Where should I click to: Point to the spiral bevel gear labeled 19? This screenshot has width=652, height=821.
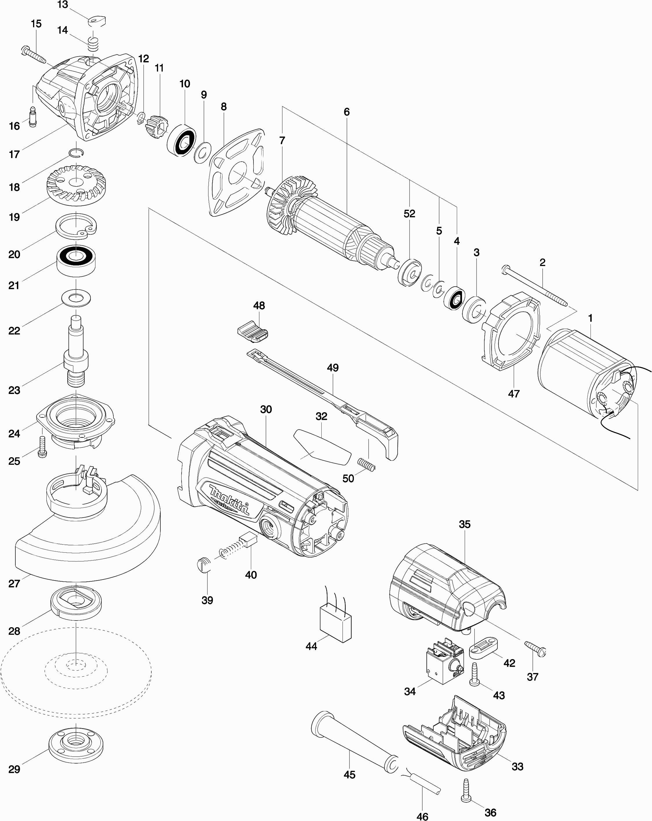pos(76,185)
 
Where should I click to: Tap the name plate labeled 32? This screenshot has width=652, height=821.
pos(322,446)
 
